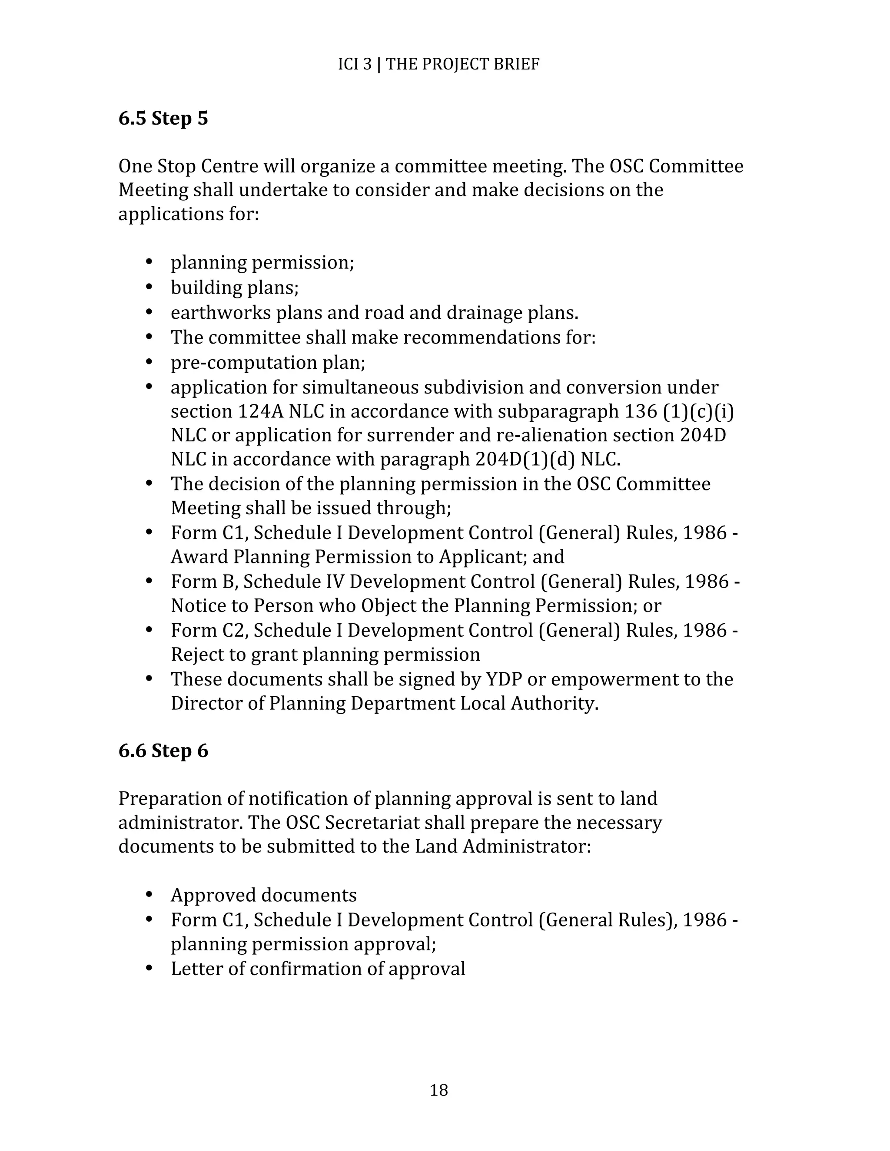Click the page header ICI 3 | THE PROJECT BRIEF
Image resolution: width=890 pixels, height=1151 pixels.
tap(438, 64)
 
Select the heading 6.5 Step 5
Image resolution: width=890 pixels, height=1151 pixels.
tap(163, 119)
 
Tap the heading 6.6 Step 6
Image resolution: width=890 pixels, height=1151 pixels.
tap(163, 751)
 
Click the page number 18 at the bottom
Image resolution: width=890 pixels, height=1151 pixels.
tap(438, 1090)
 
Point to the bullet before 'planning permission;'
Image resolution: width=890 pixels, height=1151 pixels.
tap(149, 262)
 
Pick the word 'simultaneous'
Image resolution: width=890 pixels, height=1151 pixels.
tap(361, 387)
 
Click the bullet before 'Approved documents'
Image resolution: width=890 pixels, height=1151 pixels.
tap(149, 895)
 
